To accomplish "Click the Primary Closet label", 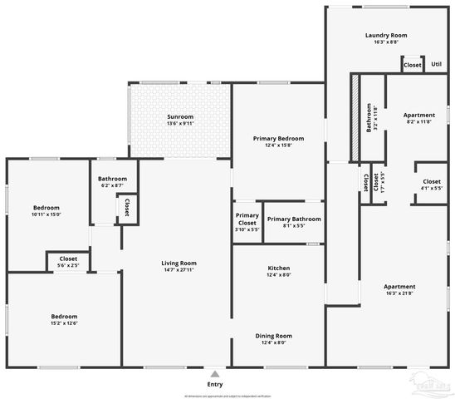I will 247,219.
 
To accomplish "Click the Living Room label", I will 179,267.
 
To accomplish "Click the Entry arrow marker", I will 215,374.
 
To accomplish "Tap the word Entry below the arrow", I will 215,384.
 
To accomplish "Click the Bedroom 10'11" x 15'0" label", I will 46,210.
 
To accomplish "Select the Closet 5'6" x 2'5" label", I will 68,262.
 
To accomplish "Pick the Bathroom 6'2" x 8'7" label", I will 112,182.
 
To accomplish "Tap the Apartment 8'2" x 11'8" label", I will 419,118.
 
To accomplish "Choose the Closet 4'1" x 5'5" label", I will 432,185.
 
